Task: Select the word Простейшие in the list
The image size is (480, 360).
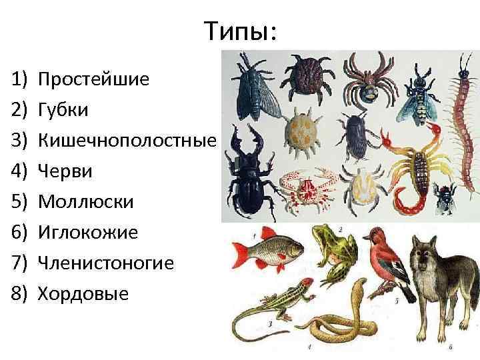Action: (x=93, y=79)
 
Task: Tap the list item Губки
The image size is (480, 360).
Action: (x=63, y=110)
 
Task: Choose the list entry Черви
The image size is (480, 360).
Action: (x=65, y=171)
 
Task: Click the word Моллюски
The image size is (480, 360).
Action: (x=86, y=202)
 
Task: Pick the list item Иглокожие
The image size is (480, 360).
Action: (x=88, y=233)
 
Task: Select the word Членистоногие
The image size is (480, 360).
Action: (x=106, y=263)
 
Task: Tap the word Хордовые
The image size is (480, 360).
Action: (x=83, y=294)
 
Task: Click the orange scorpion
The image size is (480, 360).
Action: (x=409, y=166)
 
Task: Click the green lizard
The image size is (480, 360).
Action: (x=273, y=304)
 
